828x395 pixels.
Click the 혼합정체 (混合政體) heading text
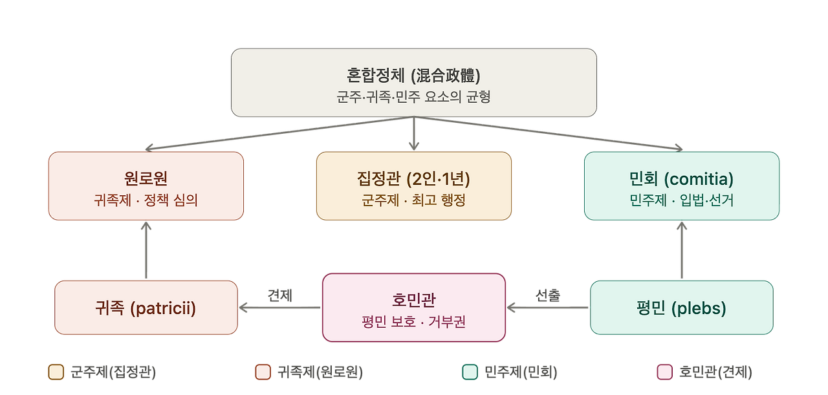[x=413, y=76]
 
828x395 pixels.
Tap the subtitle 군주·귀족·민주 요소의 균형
[x=413, y=97]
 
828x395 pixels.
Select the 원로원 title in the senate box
[x=146, y=178]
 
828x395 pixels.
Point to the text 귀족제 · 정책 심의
[x=146, y=200]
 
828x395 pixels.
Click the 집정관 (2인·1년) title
[x=413, y=179]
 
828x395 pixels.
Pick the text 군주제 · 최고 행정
[x=413, y=200]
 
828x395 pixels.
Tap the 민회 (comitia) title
[x=682, y=179]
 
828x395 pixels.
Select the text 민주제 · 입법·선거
[x=682, y=200]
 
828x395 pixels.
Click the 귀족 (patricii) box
[x=146, y=308]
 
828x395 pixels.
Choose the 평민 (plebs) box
[x=682, y=308]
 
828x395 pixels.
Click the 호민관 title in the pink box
[x=413, y=300]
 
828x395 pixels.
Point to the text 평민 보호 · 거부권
[x=413, y=321]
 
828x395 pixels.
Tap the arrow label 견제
[x=280, y=295]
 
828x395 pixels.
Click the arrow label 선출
[x=548, y=295]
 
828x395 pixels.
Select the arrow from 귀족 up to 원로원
[x=146, y=250]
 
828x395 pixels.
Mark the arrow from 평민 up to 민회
[x=682, y=250]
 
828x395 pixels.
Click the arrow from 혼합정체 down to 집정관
[x=414, y=133]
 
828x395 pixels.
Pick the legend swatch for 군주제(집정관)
[x=56, y=372]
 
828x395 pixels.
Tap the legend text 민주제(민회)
[x=521, y=372]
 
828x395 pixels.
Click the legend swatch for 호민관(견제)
[x=664, y=372]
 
